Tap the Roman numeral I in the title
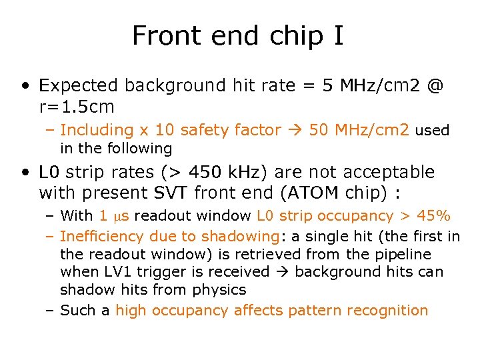(x=337, y=35)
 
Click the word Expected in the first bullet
(x=79, y=86)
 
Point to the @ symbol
(x=435, y=86)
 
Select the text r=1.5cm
(x=77, y=107)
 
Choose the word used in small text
(x=432, y=131)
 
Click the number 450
(x=209, y=173)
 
